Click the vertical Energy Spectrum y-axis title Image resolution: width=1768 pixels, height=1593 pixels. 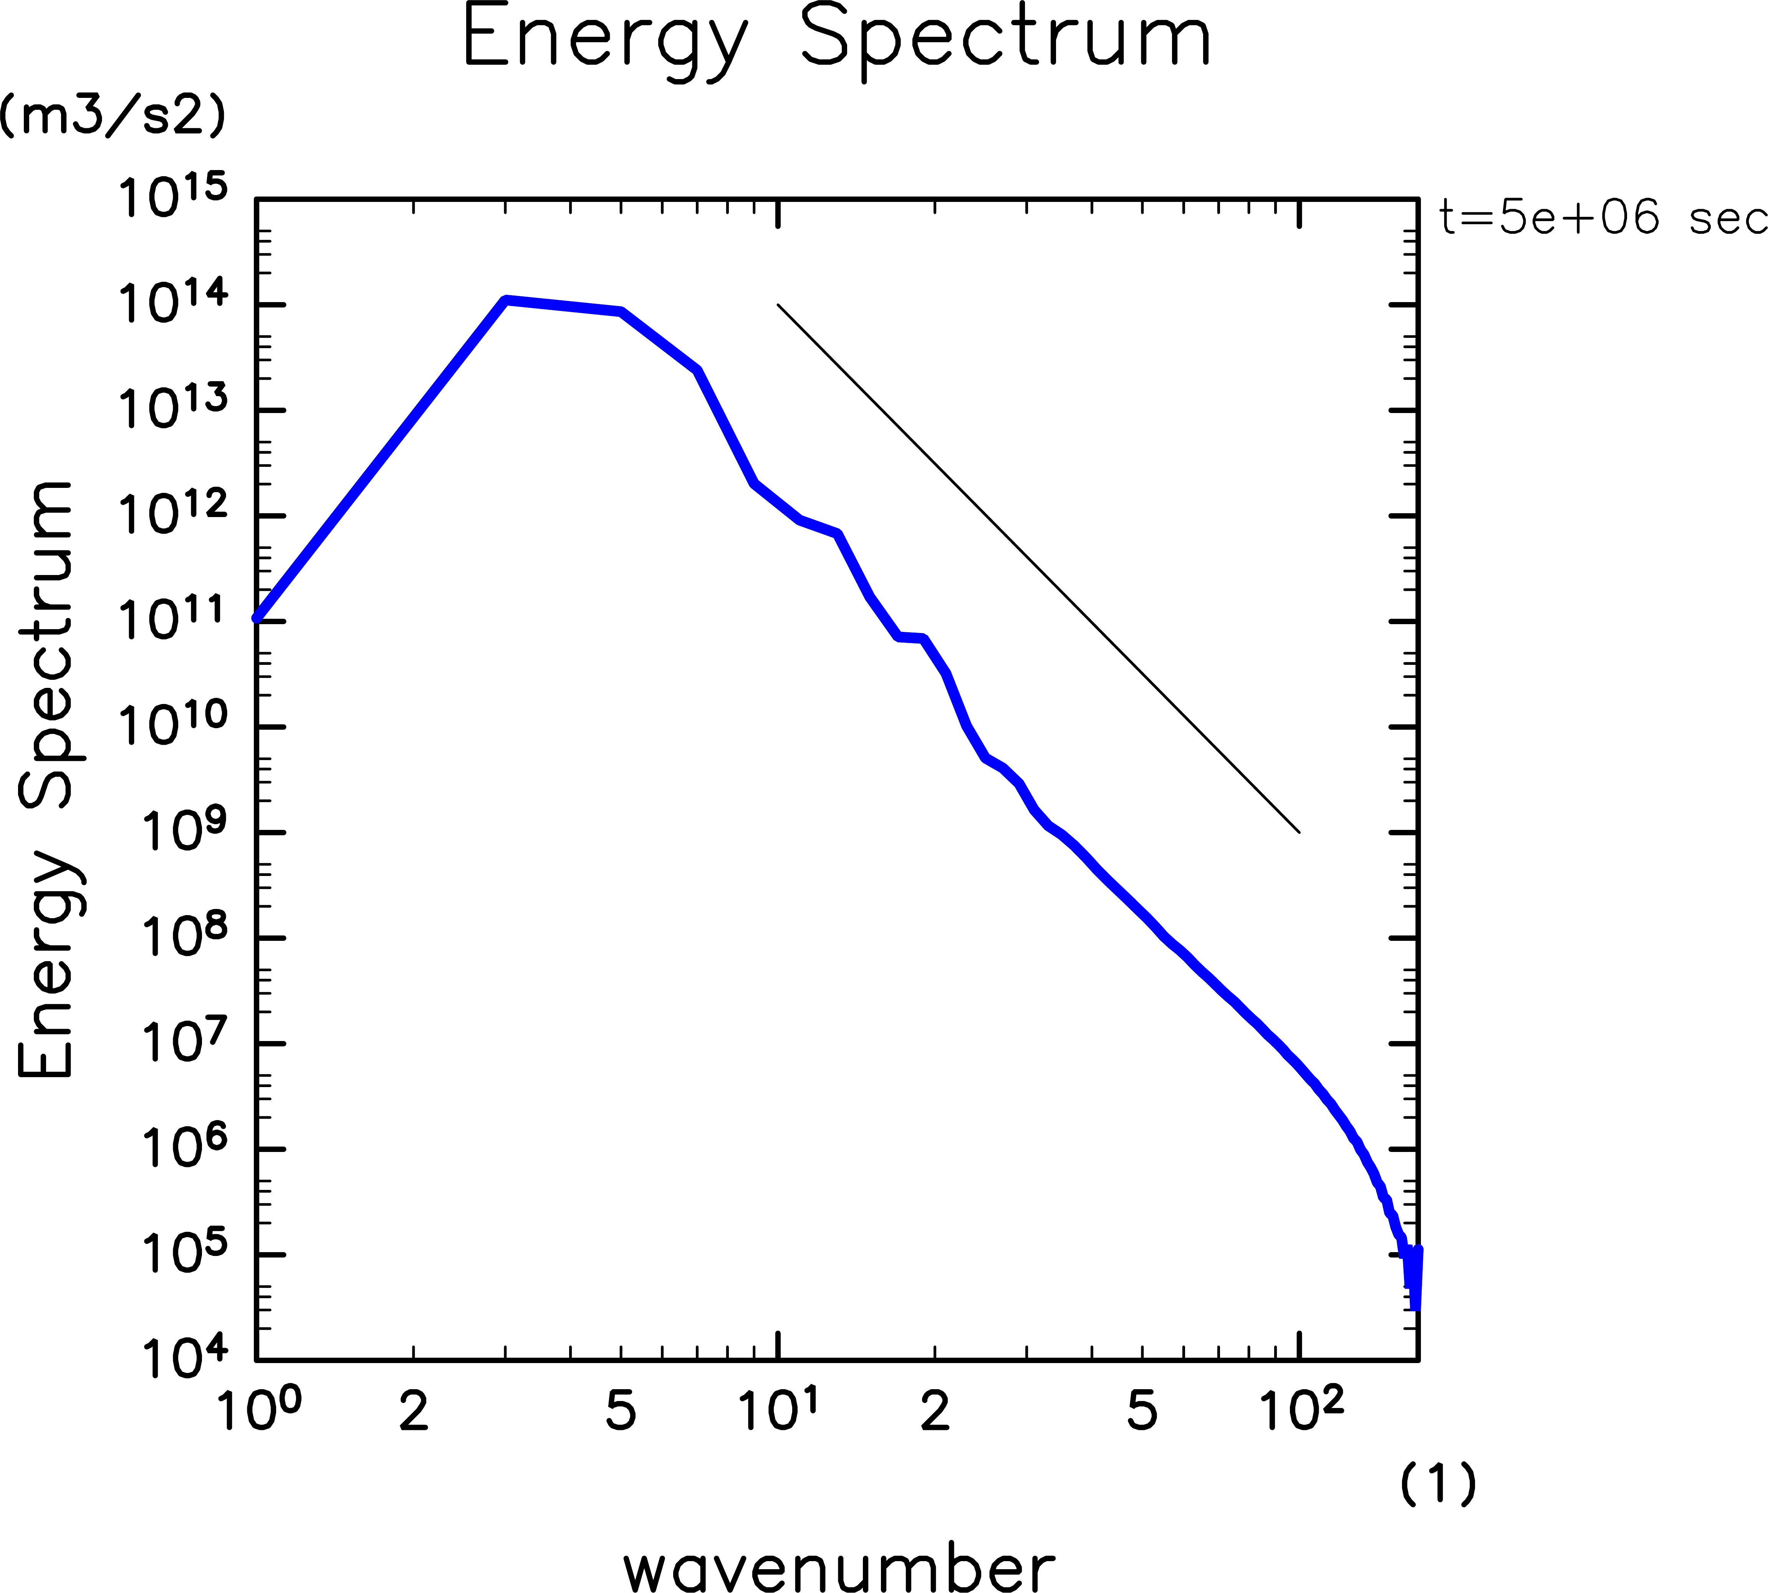(48, 779)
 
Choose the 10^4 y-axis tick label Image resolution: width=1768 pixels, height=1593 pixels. (184, 1358)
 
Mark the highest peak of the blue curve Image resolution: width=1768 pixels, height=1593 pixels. (506, 300)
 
